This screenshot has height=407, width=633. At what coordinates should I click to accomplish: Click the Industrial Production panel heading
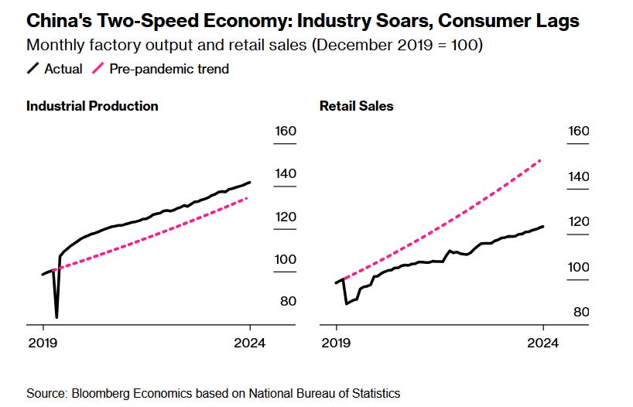coord(92,106)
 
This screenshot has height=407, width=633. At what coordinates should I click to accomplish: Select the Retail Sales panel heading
coord(356,106)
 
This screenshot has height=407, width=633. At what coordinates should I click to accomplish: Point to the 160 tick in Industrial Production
coord(286,131)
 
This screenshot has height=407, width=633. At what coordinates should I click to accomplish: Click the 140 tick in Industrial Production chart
coord(286,173)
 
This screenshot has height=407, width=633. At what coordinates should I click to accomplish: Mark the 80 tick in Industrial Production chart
coord(288,301)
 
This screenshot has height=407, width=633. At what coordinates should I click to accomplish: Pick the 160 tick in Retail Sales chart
coord(578,131)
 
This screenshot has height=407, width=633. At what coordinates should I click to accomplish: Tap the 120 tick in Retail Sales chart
coord(578,221)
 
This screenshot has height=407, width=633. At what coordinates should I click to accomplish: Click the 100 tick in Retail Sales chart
coord(578,267)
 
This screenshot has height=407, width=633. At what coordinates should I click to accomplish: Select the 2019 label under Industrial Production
coord(43,343)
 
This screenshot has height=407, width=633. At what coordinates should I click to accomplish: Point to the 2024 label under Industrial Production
coord(249,343)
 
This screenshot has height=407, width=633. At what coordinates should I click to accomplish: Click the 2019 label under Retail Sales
coord(337,343)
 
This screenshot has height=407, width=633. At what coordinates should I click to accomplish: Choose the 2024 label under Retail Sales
coord(542,343)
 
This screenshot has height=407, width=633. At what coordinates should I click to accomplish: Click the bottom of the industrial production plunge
coord(56,317)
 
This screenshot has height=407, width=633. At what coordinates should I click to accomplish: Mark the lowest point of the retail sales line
coord(346,303)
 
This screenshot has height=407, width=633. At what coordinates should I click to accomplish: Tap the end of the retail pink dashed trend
coord(540,159)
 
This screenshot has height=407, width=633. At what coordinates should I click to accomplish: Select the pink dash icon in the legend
coord(98,69)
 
